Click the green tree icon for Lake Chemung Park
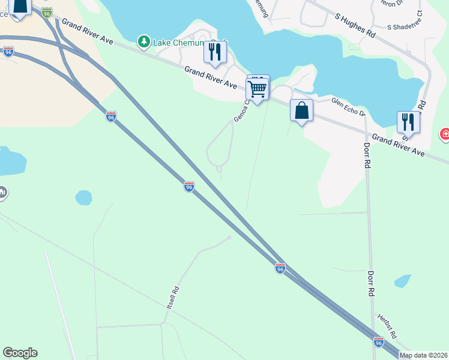click(143, 41)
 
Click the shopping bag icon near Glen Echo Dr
click(301, 111)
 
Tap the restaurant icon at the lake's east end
click(408, 122)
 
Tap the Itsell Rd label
click(173, 298)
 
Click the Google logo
click(20, 353)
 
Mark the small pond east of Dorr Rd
click(402, 281)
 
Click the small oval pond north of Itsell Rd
click(83, 197)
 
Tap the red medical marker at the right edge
click(445, 134)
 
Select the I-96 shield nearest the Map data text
click(378, 342)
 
